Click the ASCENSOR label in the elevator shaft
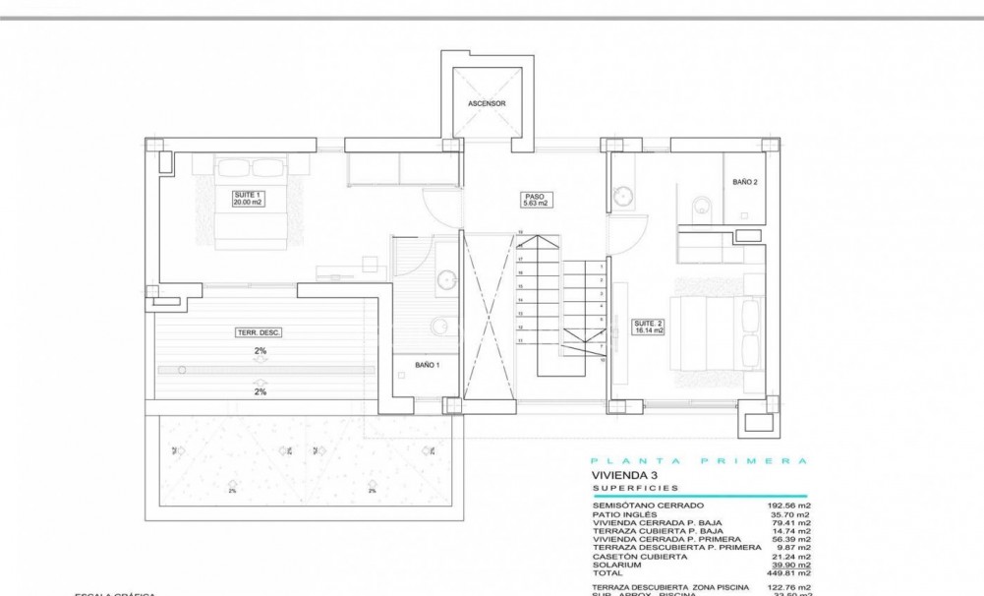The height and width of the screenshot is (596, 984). tap(487, 102)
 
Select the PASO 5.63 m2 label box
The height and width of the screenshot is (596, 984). tap(535, 200)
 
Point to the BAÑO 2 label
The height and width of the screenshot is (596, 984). tap(745, 182)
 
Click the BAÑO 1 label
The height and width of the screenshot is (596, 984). tap(427, 365)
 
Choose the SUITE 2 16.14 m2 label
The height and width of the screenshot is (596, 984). tap(649, 328)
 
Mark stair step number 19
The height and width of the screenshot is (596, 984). tap(520, 232)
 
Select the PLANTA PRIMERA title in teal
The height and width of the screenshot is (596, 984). tap(699, 460)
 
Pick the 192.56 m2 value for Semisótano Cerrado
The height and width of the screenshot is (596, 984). tap(788, 505)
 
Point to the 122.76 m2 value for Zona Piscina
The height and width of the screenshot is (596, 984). tap(788, 587)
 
